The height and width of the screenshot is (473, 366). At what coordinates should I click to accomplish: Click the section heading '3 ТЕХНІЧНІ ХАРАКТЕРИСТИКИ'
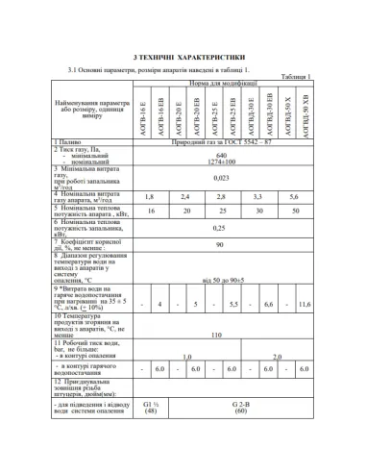click(x=183, y=58)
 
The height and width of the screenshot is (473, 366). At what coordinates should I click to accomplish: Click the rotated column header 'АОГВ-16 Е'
click(x=141, y=112)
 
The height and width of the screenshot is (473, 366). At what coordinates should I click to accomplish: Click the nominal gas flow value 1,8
click(x=149, y=196)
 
